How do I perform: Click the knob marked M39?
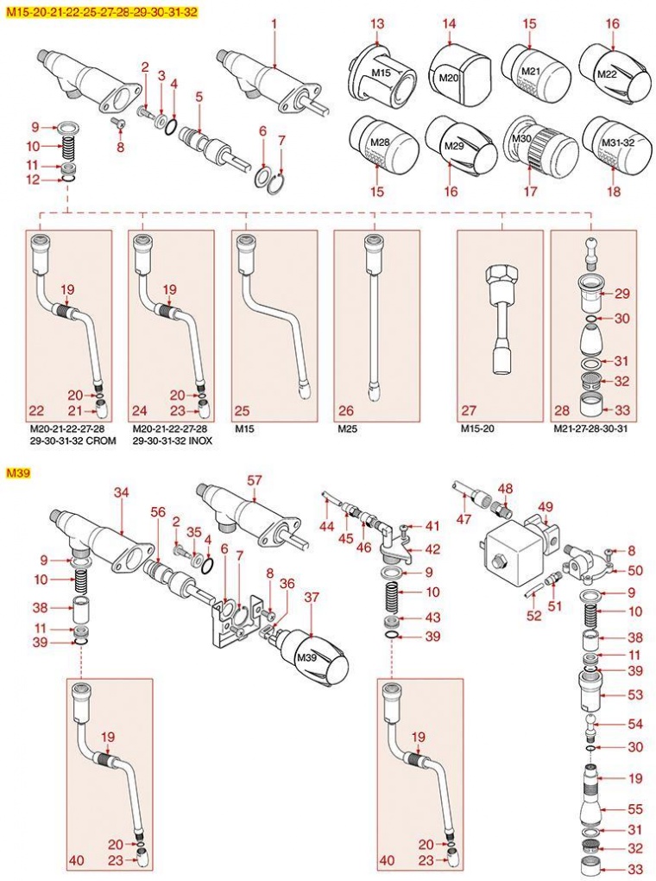(316, 658)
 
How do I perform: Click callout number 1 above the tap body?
(274, 25)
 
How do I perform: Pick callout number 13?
(377, 23)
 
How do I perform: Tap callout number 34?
(122, 491)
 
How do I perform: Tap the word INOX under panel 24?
(199, 440)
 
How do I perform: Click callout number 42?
(432, 548)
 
